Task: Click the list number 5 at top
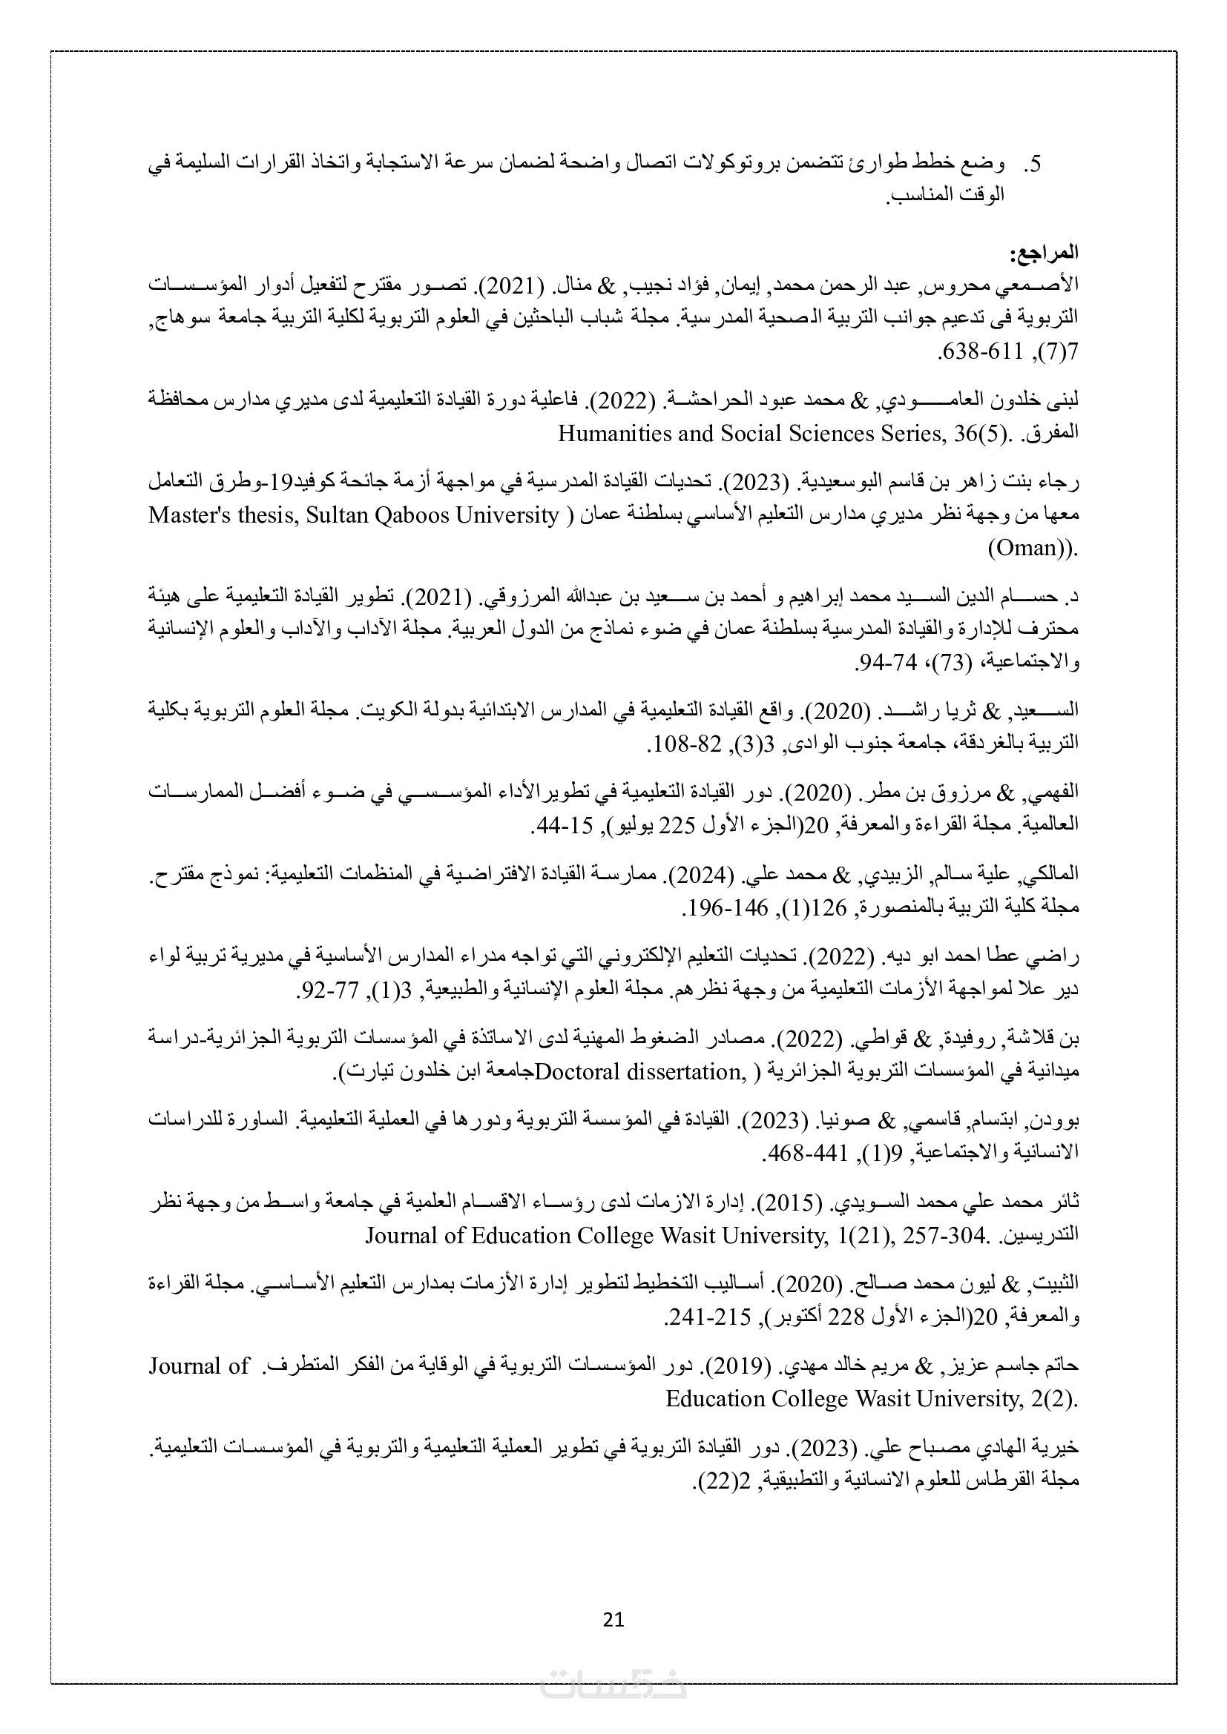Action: pyautogui.click(x=1036, y=164)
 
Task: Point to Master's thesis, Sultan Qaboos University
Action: pyautogui.click(x=354, y=515)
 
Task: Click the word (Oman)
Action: pyautogui.click(x=1031, y=548)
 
